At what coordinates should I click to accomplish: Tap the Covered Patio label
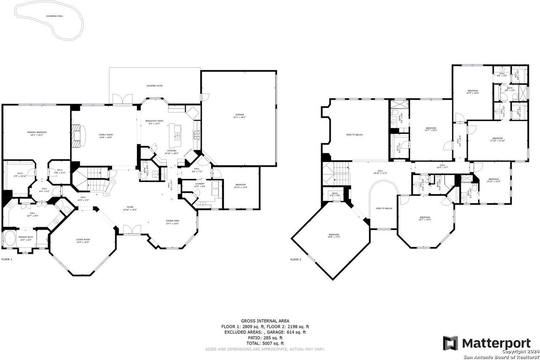click(x=154, y=86)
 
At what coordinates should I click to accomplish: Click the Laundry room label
click(x=199, y=184)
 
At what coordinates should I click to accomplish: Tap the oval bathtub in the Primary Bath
click(x=9, y=239)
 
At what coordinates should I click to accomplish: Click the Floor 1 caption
click(x=7, y=259)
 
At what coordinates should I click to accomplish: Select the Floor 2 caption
click(x=295, y=259)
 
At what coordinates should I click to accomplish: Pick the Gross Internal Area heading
click(x=265, y=321)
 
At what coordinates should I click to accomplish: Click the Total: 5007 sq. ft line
click(x=265, y=344)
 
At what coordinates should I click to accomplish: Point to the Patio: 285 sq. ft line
click(x=265, y=338)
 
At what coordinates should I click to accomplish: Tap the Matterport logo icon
click(x=450, y=343)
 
